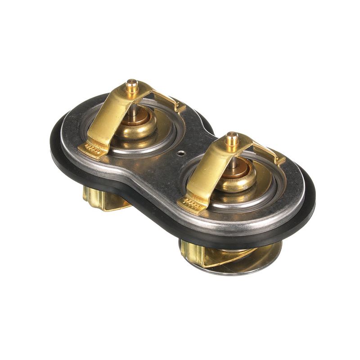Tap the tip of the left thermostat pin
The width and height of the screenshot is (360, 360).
[131, 83]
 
